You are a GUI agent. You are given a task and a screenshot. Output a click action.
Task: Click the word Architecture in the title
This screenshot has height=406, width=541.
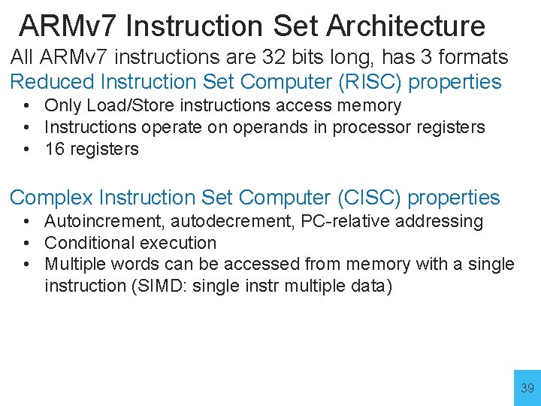(404, 26)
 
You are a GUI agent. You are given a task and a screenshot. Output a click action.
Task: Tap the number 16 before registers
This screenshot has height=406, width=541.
(54, 149)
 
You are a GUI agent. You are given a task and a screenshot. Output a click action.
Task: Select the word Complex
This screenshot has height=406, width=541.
(50, 198)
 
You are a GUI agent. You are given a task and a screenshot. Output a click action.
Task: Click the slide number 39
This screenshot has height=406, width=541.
(527, 389)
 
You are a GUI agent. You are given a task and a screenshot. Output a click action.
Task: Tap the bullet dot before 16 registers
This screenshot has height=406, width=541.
(26, 149)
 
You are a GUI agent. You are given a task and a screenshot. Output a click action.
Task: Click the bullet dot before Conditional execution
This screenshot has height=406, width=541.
(26, 243)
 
